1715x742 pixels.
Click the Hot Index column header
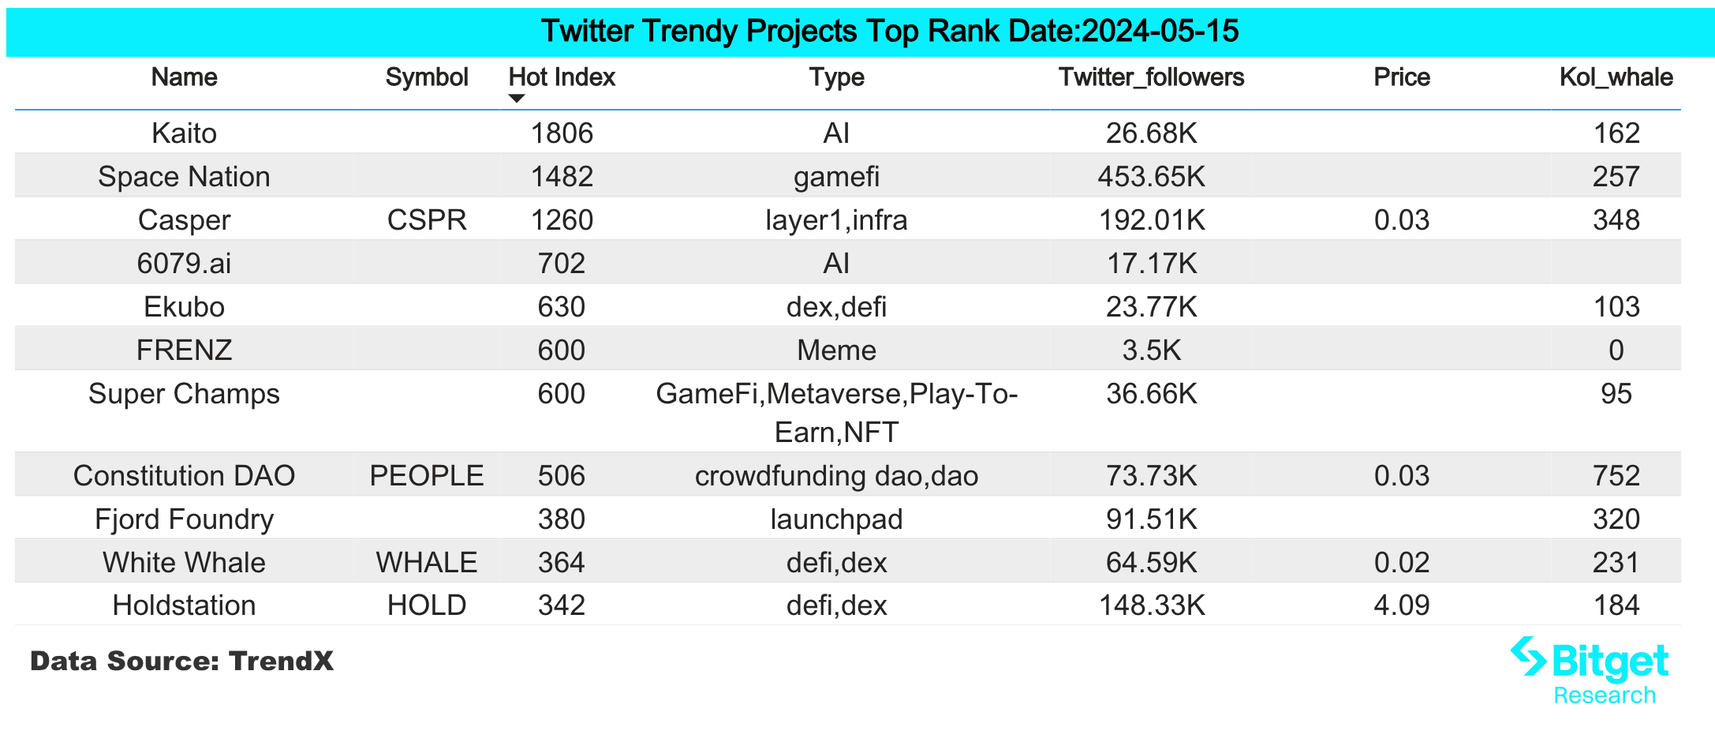561,77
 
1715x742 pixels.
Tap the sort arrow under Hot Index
517,99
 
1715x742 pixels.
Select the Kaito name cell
184,133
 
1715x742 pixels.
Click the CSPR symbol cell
427,220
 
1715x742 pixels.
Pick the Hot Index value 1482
561,177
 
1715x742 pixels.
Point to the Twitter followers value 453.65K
1151,177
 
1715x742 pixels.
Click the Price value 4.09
1401,605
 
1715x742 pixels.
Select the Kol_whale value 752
1616,476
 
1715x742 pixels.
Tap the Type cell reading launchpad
836,519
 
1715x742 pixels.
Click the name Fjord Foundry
184,519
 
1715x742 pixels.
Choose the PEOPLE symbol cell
427,476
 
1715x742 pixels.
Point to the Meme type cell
836,350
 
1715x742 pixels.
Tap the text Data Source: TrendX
181,661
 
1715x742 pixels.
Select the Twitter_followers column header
1151,77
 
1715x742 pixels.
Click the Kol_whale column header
1616,77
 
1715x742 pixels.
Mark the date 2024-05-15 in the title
1160,32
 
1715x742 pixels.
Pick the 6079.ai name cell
184,264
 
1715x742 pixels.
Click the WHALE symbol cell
427,563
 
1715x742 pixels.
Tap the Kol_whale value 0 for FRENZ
1616,350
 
